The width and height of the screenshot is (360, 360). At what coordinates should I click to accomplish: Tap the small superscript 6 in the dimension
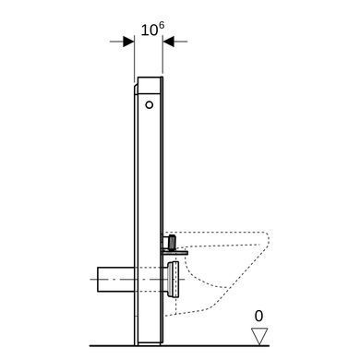[x=162, y=26]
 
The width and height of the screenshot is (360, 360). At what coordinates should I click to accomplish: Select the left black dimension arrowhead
[x=128, y=42]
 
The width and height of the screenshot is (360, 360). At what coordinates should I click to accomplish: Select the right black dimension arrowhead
[x=168, y=42]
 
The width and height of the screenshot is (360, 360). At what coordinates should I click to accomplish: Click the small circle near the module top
[x=150, y=105]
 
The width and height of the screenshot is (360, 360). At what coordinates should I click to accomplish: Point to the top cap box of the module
[x=150, y=85]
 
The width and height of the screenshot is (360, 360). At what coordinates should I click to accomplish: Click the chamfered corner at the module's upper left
[x=136, y=89]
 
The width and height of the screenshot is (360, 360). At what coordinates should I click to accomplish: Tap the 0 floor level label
[x=259, y=317]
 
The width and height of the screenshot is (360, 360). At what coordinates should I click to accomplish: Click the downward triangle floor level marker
[x=259, y=336]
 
